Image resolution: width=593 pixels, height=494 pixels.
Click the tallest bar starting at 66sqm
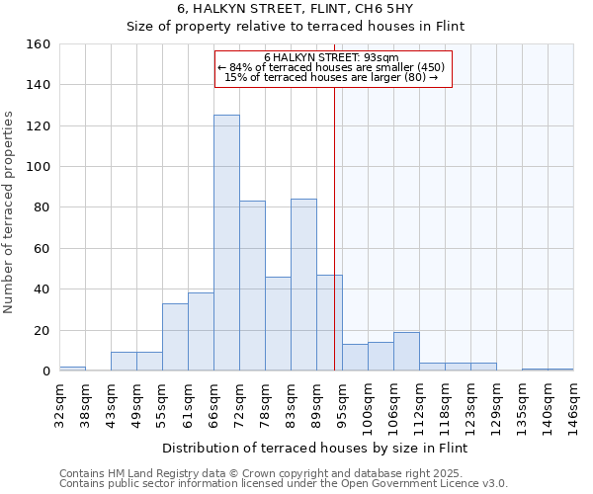(x=226, y=243)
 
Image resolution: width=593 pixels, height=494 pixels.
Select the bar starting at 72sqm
(x=252, y=286)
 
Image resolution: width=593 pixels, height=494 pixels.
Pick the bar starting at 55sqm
(x=175, y=337)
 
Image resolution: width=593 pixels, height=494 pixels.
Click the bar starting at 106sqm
(x=406, y=352)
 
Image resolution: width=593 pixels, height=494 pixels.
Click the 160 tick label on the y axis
(x=39, y=44)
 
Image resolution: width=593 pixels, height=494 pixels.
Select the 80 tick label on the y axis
(x=42, y=207)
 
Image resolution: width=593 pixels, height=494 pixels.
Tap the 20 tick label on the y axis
(x=42, y=330)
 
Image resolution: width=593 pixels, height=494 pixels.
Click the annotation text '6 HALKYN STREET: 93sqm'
(x=332, y=57)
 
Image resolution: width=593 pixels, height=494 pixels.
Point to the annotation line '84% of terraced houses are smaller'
(x=332, y=67)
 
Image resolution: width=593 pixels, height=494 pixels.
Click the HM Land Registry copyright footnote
(x=283, y=473)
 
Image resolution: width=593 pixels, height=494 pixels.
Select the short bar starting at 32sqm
(x=72, y=369)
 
